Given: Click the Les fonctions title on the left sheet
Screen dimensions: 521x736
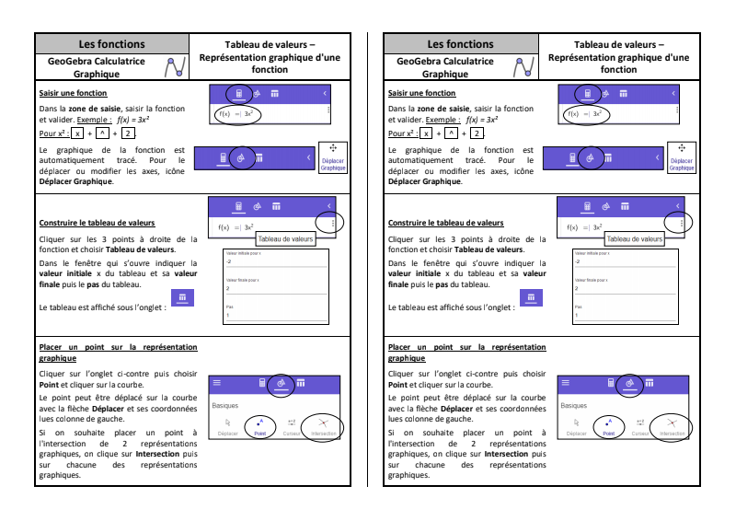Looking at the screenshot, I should pyautogui.click(x=111, y=44).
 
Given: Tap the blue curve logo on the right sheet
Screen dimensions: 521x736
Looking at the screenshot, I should pyautogui.click(x=522, y=67).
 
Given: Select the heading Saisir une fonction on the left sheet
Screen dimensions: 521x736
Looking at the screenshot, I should pyautogui.click(x=73, y=93).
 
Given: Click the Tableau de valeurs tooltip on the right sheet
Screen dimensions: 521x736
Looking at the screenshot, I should pyautogui.click(x=634, y=239).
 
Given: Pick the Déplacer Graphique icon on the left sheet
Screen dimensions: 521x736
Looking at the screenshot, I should pyautogui.click(x=333, y=157).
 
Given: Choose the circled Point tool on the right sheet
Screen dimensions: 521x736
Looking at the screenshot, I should pyautogui.click(x=608, y=427).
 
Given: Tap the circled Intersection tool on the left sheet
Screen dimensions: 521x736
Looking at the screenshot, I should pyautogui.click(x=324, y=427).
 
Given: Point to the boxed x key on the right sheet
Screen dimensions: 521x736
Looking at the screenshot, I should pyautogui.click(x=428, y=133).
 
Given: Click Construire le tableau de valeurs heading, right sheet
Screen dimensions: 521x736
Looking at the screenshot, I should pyautogui.click(x=445, y=223).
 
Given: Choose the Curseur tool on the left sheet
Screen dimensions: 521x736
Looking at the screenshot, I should pyautogui.click(x=292, y=427).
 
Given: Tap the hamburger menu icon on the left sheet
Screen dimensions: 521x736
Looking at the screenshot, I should pyautogui.click(x=217, y=382).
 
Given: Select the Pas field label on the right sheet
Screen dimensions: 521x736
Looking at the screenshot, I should pyautogui.click(x=577, y=307).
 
